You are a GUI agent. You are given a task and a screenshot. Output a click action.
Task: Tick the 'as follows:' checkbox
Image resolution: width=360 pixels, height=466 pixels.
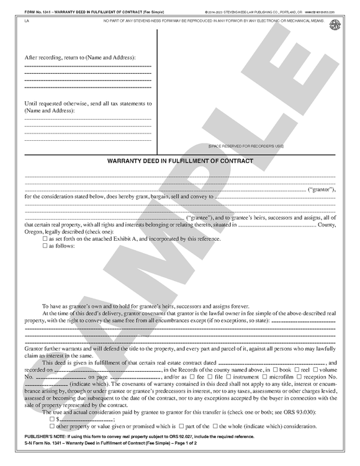(45, 246)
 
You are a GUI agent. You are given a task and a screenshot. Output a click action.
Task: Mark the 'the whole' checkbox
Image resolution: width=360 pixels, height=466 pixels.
(215, 427)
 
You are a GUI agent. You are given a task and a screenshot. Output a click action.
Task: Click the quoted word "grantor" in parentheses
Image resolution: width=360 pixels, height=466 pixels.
(322, 188)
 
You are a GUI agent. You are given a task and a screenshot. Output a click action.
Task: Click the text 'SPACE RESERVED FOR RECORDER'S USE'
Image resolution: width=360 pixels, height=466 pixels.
(246, 146)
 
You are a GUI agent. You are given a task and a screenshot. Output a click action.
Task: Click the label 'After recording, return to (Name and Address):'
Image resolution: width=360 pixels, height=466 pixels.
(79, 57)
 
